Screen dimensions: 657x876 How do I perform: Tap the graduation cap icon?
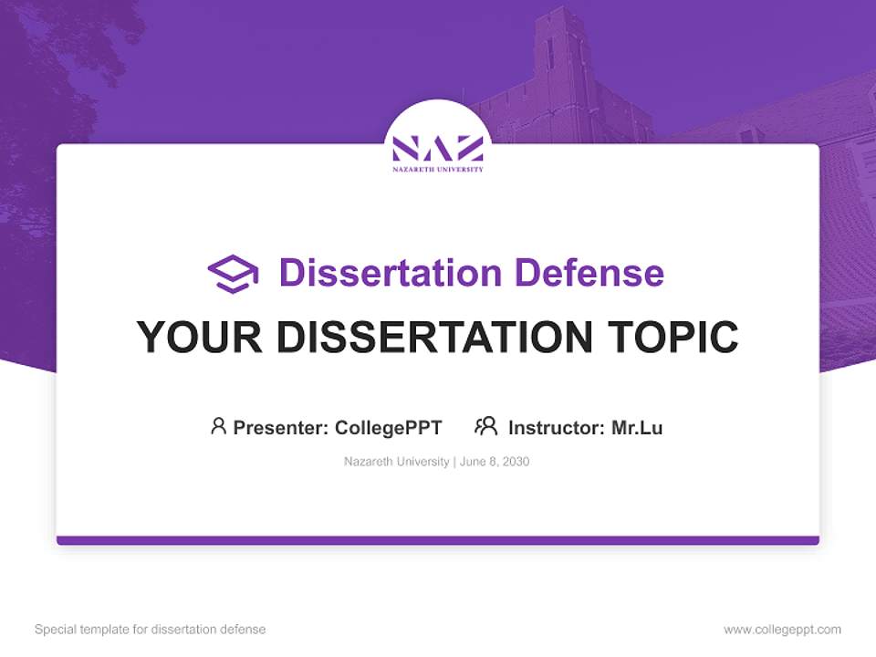233,274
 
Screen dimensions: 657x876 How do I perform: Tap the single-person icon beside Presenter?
218,426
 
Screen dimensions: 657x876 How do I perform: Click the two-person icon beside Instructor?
485,426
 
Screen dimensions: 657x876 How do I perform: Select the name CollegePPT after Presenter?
389,427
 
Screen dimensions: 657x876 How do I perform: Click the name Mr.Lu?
637,427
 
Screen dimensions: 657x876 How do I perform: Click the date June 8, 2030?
495,462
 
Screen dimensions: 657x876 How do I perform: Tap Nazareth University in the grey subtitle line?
396,462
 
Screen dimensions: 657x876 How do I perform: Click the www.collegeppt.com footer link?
782,630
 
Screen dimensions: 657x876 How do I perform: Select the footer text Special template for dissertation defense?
151,630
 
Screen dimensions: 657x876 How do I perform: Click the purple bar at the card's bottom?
438,540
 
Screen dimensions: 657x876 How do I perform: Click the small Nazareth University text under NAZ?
438,170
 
